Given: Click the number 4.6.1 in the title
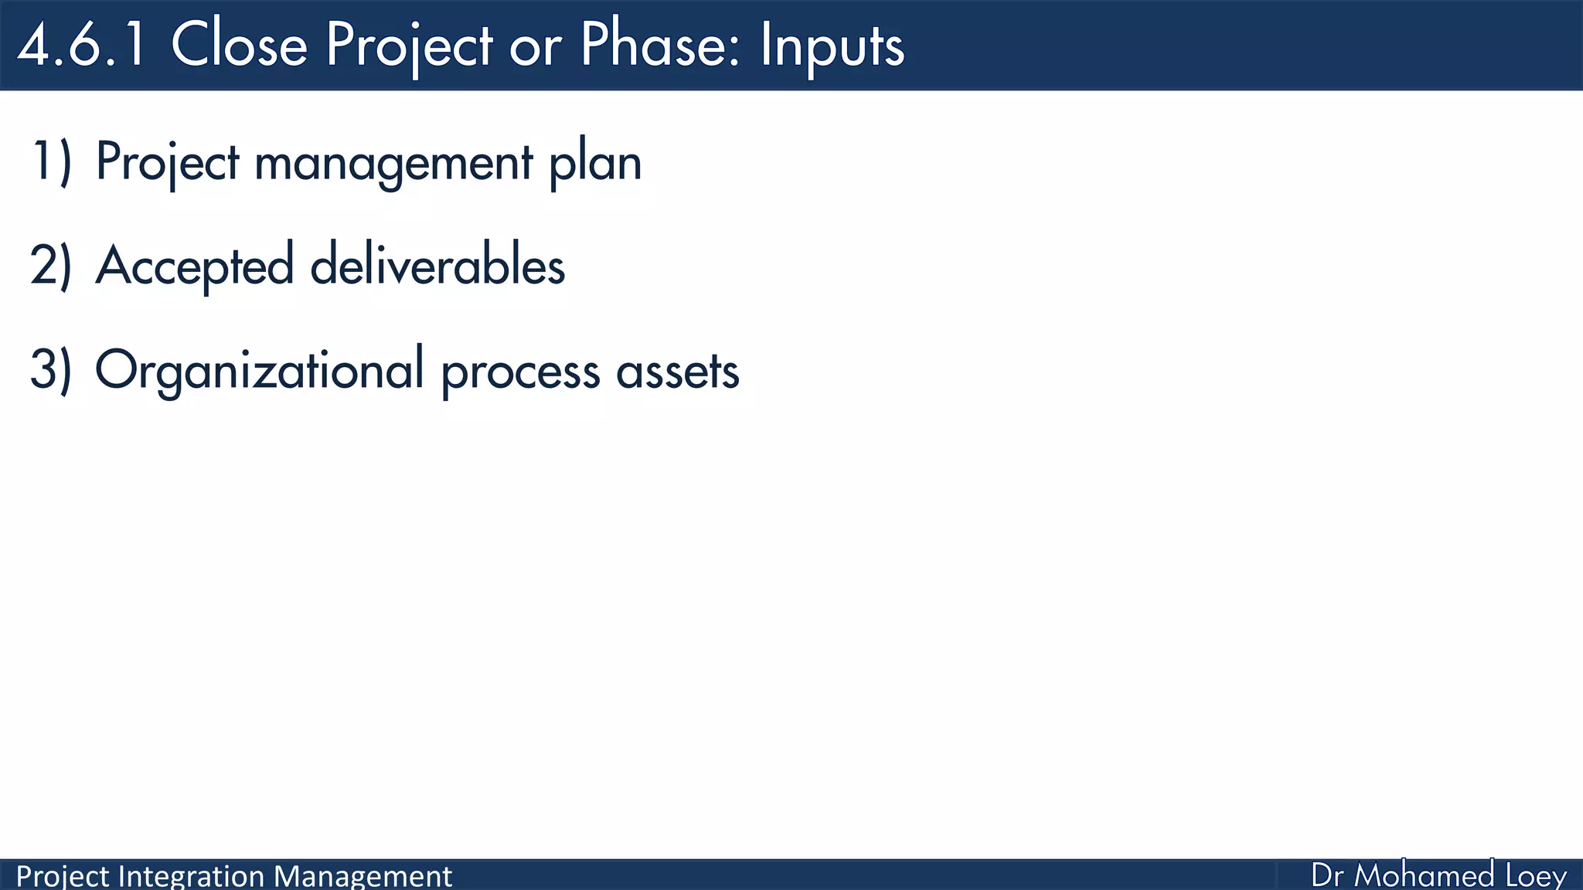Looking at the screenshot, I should tap(82, 45).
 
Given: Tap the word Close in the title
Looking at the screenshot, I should tap(239, 45).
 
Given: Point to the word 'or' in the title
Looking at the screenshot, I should tap(535, 48).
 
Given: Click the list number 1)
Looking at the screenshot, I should tap(51, 162).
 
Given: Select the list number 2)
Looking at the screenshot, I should tap(51, 266).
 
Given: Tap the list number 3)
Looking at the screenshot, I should tap(51, 370).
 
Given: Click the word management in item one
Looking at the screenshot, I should tap(393, 165).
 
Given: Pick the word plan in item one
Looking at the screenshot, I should tap(595, 165).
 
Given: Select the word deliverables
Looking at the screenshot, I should tap(437, 266).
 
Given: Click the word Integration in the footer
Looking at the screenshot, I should tap(192, 877).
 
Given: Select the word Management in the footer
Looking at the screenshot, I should tap(363, 877).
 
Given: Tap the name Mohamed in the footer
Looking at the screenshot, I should tap(1425, 875).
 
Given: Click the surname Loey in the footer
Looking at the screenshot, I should tap(1536, 876).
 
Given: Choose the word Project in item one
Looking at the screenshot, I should tap(168, 164).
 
